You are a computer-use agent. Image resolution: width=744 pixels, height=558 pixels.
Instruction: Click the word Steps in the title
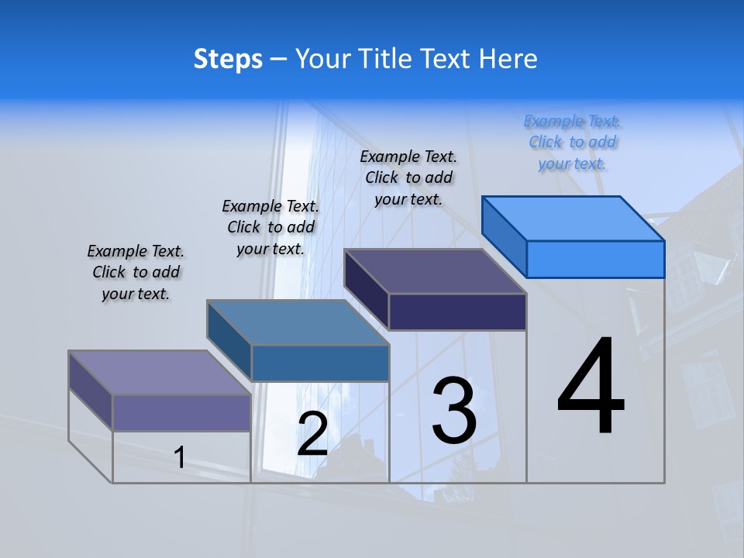228,59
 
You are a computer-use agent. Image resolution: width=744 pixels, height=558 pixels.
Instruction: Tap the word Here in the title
508,59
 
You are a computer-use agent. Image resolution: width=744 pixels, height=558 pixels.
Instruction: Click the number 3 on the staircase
454,410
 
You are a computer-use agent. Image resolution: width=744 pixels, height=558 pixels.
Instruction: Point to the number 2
312,434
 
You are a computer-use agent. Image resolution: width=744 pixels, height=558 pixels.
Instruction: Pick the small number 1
180,457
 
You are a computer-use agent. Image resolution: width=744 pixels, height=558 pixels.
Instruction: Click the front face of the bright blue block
595,259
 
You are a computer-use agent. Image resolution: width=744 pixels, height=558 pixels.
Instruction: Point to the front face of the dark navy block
457,312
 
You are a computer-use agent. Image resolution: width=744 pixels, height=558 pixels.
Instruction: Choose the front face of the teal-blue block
320,363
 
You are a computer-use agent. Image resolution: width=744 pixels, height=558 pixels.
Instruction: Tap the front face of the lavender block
181,412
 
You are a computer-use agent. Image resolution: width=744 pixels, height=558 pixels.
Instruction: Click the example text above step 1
136,272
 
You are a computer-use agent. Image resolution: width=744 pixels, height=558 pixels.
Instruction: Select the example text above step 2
270,227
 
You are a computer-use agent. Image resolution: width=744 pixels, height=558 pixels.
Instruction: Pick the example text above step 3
408,177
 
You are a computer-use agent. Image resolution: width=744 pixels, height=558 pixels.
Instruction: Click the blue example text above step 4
573,142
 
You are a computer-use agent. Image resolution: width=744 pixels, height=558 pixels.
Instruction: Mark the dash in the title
278,60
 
